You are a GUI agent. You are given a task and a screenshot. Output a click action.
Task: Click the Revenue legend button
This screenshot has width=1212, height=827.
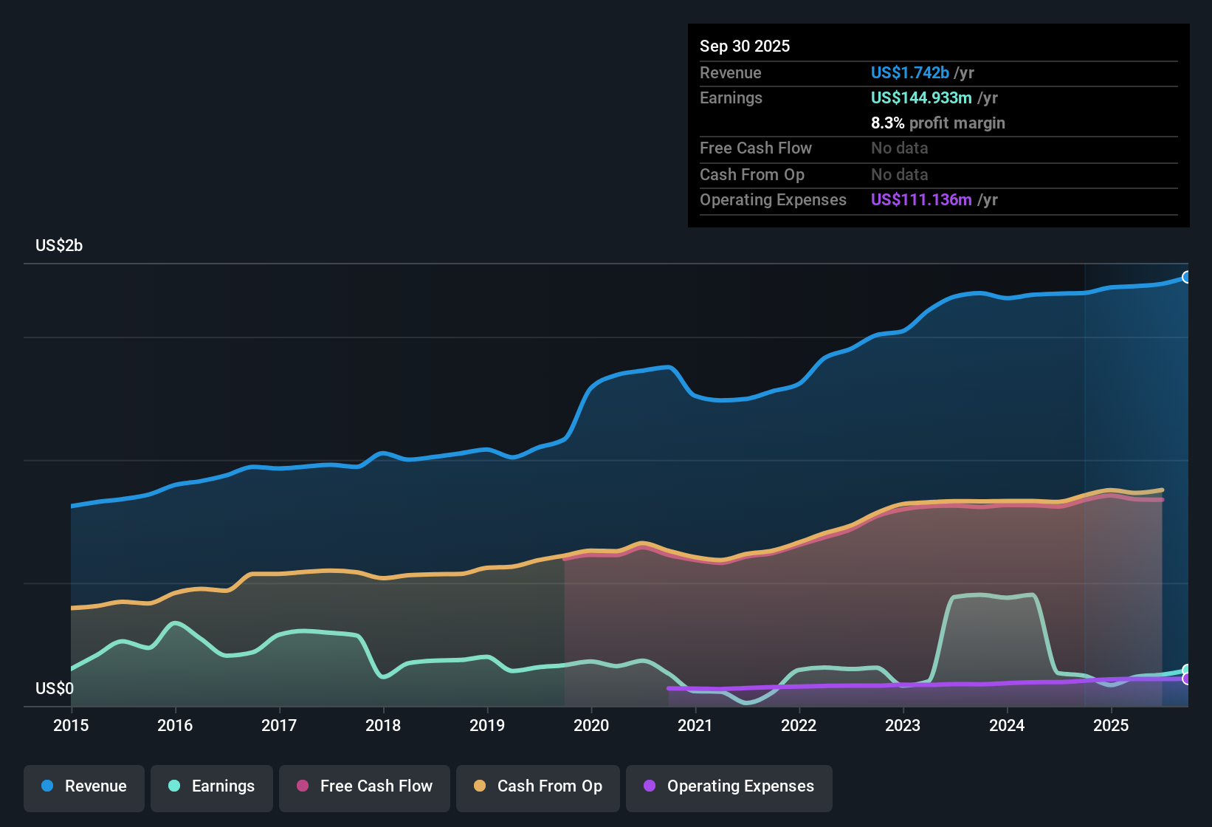[84, 786]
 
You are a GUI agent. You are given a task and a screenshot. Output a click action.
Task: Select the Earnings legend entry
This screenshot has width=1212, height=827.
[212, 786]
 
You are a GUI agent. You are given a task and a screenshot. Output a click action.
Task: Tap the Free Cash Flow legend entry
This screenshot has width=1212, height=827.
[365, 786]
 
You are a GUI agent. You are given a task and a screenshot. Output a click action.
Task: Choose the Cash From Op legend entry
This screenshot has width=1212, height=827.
[538, 786]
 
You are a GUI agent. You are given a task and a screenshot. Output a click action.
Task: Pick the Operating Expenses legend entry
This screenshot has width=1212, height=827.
[729, 786]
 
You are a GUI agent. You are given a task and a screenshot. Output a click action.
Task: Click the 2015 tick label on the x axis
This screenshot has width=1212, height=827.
[71, 725]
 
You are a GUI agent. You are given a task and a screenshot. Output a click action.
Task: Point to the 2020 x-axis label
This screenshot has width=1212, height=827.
[591, 725]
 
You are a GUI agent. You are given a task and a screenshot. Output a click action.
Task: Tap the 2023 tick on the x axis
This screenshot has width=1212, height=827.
[903, 725]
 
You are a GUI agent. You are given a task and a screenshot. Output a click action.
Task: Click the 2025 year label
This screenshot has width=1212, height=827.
[1111, 725]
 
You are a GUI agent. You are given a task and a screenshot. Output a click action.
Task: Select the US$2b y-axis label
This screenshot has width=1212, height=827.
[59, 246]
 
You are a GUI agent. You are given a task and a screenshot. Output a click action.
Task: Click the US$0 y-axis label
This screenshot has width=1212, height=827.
[55, 689]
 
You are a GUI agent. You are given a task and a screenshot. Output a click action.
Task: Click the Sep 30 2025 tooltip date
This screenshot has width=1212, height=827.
[745, 47]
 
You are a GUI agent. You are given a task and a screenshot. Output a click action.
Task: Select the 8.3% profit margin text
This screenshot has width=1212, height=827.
[937, 123]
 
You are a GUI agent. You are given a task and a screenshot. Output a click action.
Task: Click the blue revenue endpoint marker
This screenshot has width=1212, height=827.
[1187, 278]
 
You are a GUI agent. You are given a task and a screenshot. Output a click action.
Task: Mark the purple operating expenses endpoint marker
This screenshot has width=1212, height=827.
[1187, 679]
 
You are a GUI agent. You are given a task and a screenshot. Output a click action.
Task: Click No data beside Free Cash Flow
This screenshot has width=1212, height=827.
[899, 148]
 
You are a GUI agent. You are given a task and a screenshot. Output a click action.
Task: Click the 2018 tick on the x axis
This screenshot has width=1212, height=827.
[383, 725]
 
